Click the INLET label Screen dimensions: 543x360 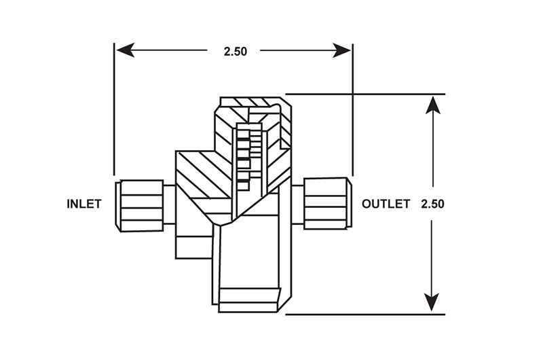point(84,204)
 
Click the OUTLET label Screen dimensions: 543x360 point(386,204)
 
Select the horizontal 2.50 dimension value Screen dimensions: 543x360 point(236,51)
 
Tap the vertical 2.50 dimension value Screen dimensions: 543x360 point(432,204)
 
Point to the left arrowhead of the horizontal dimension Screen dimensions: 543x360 point(125,50)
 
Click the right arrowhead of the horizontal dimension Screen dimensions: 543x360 point(342,50)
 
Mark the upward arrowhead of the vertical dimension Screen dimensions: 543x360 point(433,105)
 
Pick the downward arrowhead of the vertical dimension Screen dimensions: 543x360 point(432,302)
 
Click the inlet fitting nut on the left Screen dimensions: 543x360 point(139,206)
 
